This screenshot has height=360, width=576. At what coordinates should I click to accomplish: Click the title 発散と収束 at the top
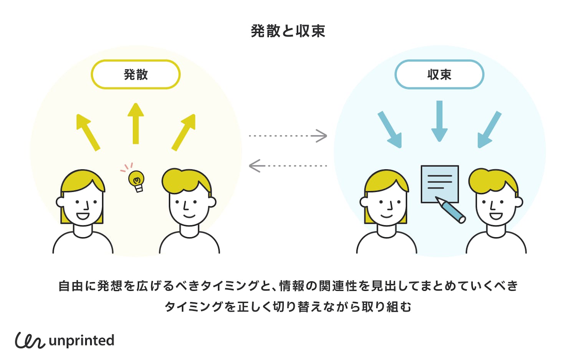(x=288, y=31)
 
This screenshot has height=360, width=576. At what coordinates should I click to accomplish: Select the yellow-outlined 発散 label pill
(x=136, y=74)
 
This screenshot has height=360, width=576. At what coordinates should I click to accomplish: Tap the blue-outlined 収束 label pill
(x=439, y=74)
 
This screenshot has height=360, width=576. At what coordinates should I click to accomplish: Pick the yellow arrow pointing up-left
(x=88, y=132)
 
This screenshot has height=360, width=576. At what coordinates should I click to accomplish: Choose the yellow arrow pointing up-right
(x=184, y=132)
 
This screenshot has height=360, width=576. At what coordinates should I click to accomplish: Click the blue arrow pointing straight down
(x=439, y=121)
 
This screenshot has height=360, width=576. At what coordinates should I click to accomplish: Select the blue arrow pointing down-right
(x=390, y=129)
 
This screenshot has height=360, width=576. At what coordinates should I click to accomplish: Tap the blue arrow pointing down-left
(x=489, y=129)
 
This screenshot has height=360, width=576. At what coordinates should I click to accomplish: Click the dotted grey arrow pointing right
(x=288, y=136)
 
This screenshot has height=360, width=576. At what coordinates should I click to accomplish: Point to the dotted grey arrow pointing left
(x=288, y=166)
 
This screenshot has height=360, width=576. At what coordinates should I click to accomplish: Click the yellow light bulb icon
(x=136, y=181)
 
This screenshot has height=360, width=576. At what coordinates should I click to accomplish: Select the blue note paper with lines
(x=439, y=183)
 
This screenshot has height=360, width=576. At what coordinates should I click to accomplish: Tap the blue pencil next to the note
(x=451, y=210)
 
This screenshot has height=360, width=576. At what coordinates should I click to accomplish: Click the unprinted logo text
(x=81, y=340)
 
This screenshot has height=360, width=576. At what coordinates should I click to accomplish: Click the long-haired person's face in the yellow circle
(x=83, y=207)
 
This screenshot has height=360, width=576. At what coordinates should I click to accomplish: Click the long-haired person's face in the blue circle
(x=386, y=207)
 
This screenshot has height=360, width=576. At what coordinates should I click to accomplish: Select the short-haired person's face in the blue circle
(x=495, y=207)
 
